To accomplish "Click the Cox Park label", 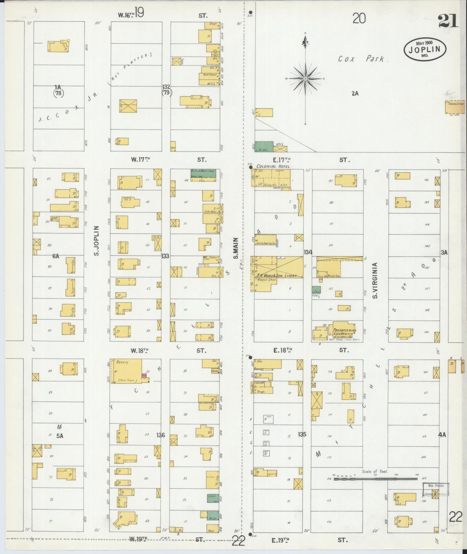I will click(362, 59).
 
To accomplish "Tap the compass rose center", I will click(305, 79).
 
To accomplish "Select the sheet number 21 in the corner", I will click(448, 21).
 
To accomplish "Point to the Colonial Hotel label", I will click(273, 167).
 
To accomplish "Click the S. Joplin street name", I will click(97, 241).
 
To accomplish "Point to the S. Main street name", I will click(236, 248).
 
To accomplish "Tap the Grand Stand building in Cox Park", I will click(454, 107).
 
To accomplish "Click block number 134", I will click(308, 252).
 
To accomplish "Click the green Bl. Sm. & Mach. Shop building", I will click(203, 173).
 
